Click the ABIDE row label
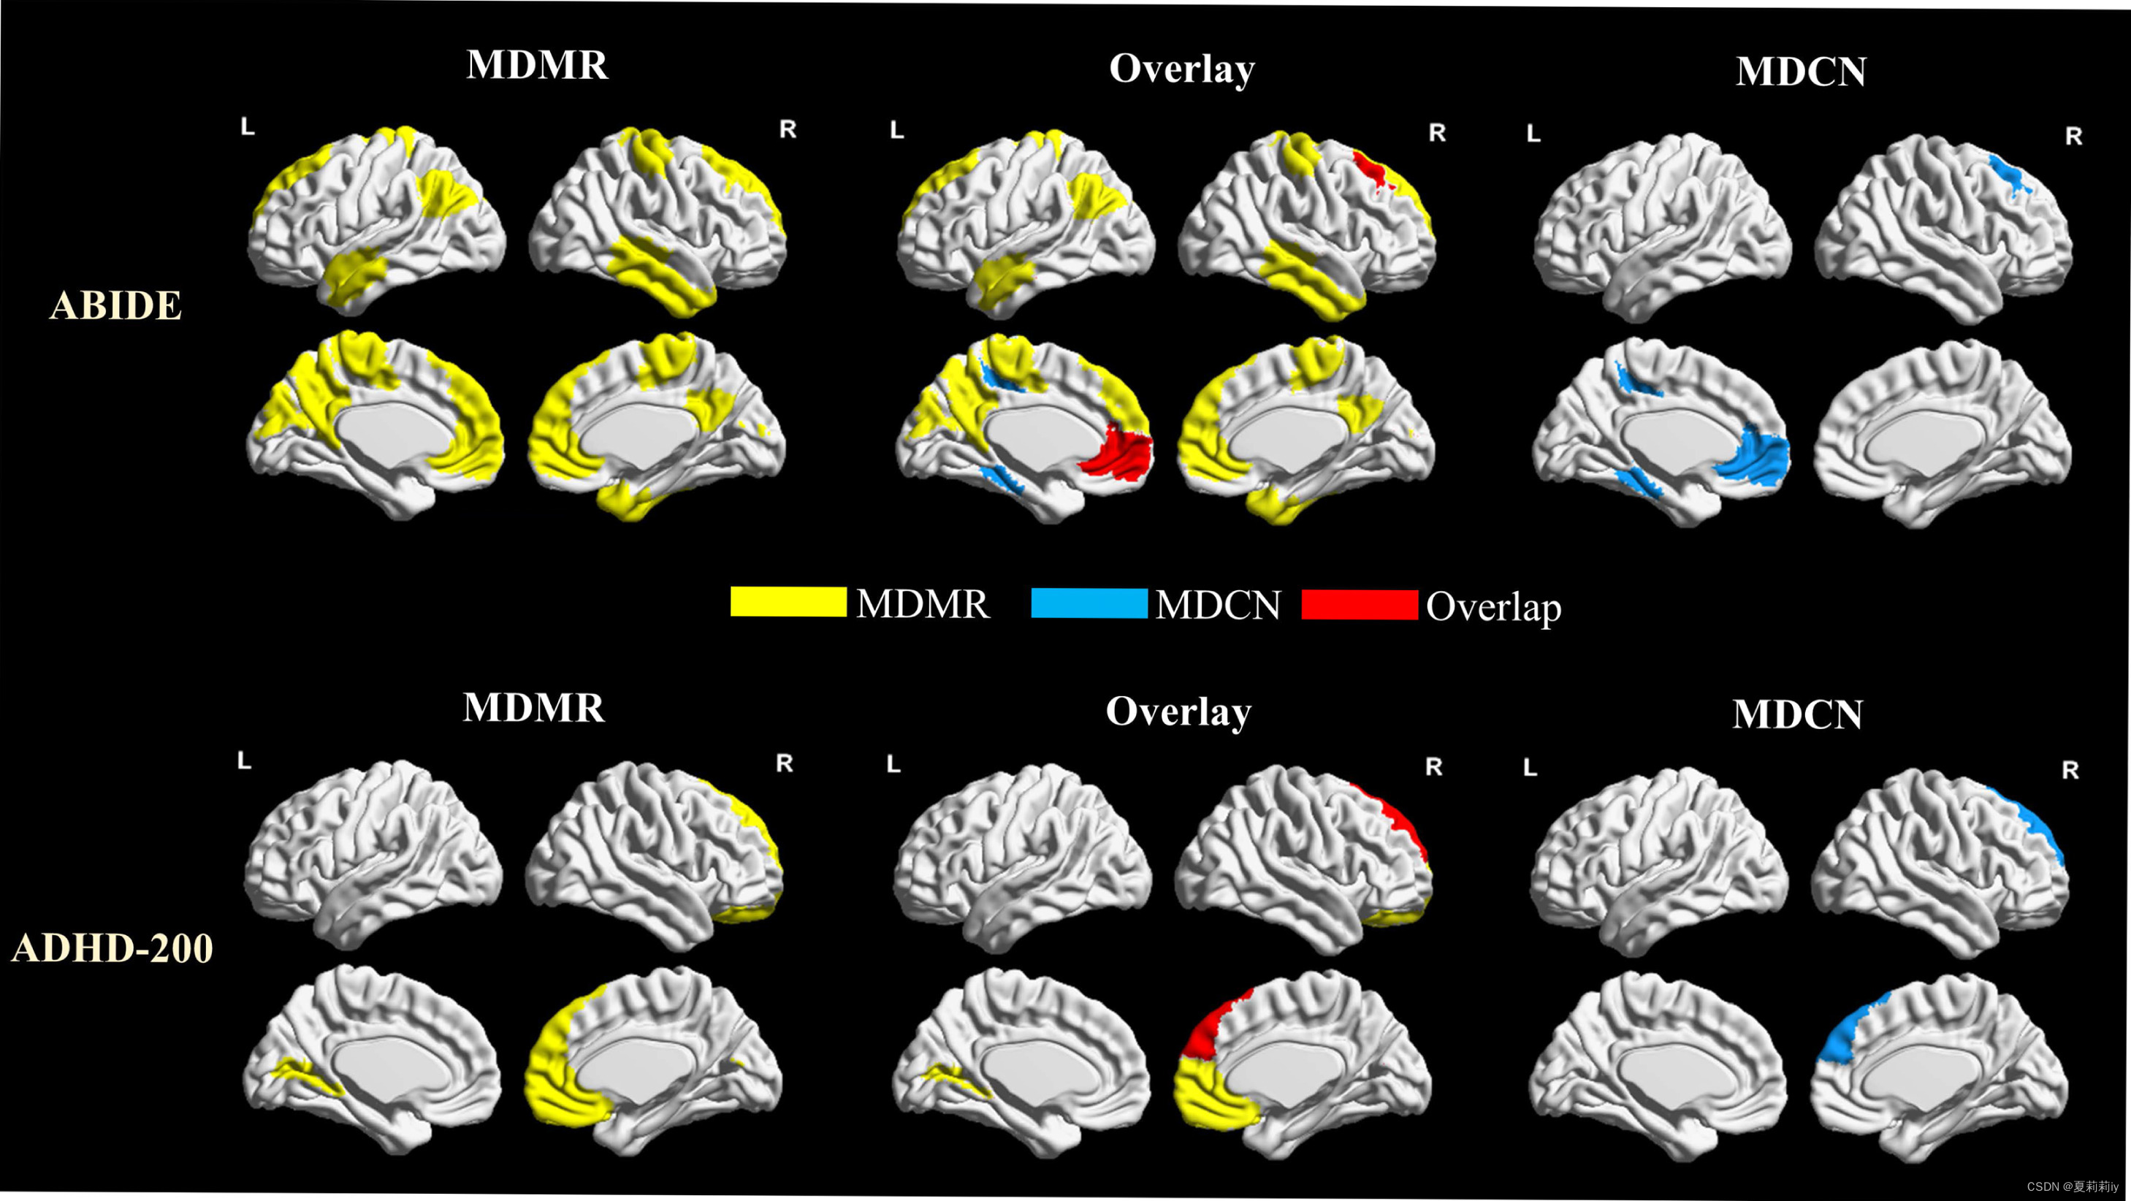click(x=116, y=305)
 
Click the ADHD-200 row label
click(x=113, y=948)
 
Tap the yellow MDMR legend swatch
click(x=788, y=602)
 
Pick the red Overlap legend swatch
click(x=1359, y=605)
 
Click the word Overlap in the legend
click(x=1493, y=607)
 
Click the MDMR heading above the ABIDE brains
click(x=537, y=65)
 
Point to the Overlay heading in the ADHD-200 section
click(x=1178, y=712)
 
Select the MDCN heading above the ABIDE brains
click(x=1801, y=72)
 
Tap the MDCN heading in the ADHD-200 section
click(x=1797, y=714)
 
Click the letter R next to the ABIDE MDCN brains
click(x=2073, y=137)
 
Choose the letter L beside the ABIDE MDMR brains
click(x=248, y=127)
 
